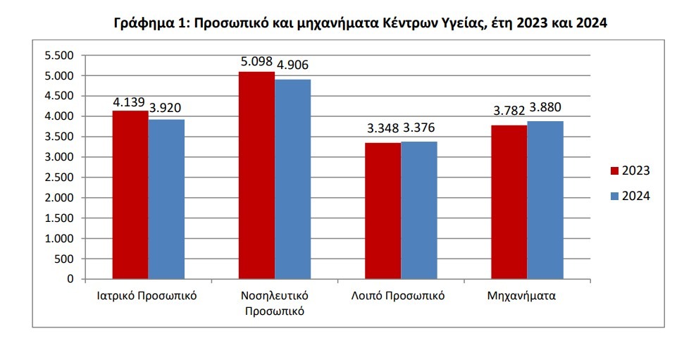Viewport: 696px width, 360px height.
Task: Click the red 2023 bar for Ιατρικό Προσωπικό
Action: pos(130,195)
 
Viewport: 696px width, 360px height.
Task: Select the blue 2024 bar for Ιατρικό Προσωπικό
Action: pos(166,199)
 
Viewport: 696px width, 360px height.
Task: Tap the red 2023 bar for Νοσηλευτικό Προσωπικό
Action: pos(256,175)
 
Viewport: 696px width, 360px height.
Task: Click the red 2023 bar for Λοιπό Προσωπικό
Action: pos(383,211)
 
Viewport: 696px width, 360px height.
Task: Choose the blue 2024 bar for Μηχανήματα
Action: pos(545,200)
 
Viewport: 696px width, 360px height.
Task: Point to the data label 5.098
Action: pos(256,61)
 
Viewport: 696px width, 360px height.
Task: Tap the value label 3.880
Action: pos(545,108)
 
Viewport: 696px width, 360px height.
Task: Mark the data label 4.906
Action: pos(292,66)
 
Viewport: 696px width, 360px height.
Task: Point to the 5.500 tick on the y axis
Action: pos(59,55)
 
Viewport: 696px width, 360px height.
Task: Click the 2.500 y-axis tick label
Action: pos(59,178)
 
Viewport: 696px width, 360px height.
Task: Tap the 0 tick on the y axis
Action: pos(70,280)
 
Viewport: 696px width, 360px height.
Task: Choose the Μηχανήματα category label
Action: pos(521,296)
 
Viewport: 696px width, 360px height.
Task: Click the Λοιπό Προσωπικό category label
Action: pos(398,296)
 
